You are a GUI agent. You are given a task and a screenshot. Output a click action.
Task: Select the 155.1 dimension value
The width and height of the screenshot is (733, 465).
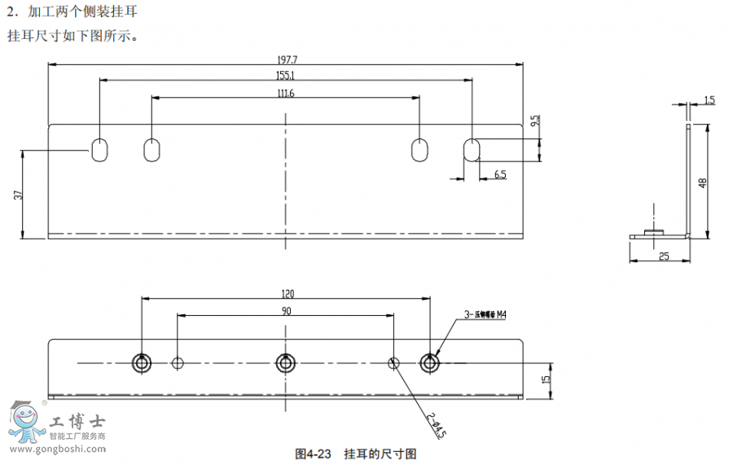(x=287, y=75)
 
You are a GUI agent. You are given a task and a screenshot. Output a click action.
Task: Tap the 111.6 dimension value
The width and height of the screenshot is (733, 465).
(x=286, y=93)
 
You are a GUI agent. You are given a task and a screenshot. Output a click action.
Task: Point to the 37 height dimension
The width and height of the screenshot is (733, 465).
(x=18, y=195)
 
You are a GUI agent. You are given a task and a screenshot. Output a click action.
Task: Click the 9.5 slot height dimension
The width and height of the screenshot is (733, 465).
(x=534, y=121)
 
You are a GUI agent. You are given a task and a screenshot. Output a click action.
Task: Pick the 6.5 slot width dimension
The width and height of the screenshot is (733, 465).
(x=499, y=174)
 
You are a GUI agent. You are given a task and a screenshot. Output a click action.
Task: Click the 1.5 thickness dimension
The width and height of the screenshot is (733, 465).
(x=709, y=101)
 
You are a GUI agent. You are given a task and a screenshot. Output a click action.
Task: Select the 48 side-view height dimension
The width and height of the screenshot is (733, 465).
(x=702, y=182)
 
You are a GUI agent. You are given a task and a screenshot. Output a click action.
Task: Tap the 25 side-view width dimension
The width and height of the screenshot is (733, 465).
(x=663, y=256)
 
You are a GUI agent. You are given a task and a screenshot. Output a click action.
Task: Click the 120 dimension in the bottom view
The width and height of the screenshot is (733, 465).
(x=287, y=294)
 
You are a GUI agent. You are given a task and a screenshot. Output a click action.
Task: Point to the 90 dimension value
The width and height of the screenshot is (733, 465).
(x=287, y=310)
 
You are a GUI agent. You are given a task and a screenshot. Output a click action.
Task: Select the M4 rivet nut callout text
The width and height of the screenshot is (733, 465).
(x=490, y=314)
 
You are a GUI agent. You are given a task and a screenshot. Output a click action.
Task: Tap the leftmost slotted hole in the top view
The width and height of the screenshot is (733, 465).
(x=99, y=150)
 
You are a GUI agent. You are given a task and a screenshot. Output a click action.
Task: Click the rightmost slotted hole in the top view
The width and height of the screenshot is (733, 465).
(x=472, y=150)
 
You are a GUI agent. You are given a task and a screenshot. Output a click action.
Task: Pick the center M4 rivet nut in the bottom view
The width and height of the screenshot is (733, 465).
(x=286, y=362)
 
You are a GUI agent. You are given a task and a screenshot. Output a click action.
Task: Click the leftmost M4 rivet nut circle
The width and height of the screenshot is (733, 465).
(x=143, y=362)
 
